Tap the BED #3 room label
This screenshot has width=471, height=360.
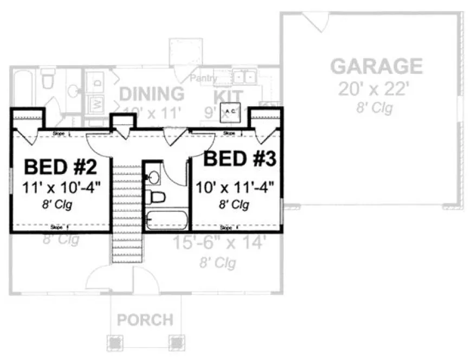coord(241,159)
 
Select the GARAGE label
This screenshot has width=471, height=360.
coord(376,66)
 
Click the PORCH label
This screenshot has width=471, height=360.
coord(145,319)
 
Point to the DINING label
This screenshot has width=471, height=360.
coord(152,94)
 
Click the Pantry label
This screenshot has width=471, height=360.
coord(203,79)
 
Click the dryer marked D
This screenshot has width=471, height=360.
coord(98,83)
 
